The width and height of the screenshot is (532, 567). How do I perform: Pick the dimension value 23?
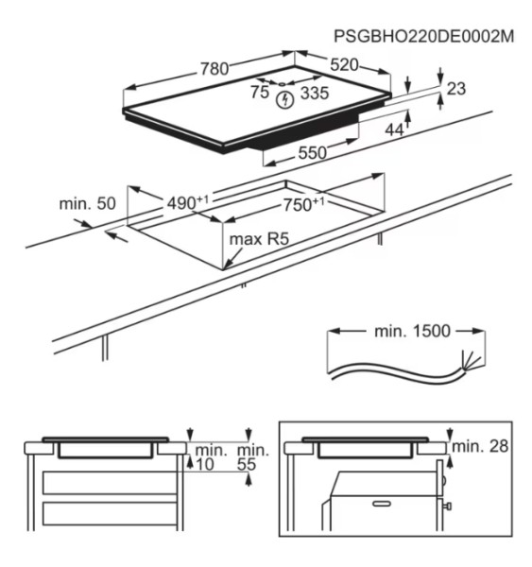(x=456, y=88)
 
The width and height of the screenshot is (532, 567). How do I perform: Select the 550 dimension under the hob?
(x=312, y=152)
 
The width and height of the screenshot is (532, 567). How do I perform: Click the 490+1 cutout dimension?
(x=189, y=201)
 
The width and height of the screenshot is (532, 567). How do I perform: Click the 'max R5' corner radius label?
(x=258, y=240)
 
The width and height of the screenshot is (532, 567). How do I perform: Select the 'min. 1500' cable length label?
(x=407, y=333)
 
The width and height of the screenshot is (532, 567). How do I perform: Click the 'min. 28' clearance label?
(x=482, y=444)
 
